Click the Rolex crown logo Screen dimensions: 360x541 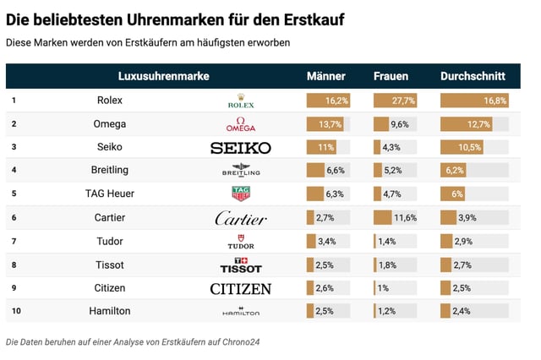tap(241, 101)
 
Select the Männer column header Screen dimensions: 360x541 tap(325, 76)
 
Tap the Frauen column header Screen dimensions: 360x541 tap(391, 76)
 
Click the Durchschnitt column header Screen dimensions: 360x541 tap(473, 76)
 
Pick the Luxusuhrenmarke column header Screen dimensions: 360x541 tap(163, 76)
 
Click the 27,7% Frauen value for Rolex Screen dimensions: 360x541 tap(403, 101)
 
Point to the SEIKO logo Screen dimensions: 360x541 tap(241, 148)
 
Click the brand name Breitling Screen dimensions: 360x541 tap(110, 171)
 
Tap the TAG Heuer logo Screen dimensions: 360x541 tap(241, 194)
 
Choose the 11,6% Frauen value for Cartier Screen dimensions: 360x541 tap(404, 218)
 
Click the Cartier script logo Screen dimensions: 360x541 tap(241, 218)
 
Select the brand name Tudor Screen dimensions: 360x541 tap(110, 242)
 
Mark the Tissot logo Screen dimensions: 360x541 tap(241, 265)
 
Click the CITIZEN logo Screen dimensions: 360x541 tap(241, 289)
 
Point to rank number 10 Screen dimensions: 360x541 tap(15, 311)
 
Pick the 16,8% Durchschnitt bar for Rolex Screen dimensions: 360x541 tap(474, 101)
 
